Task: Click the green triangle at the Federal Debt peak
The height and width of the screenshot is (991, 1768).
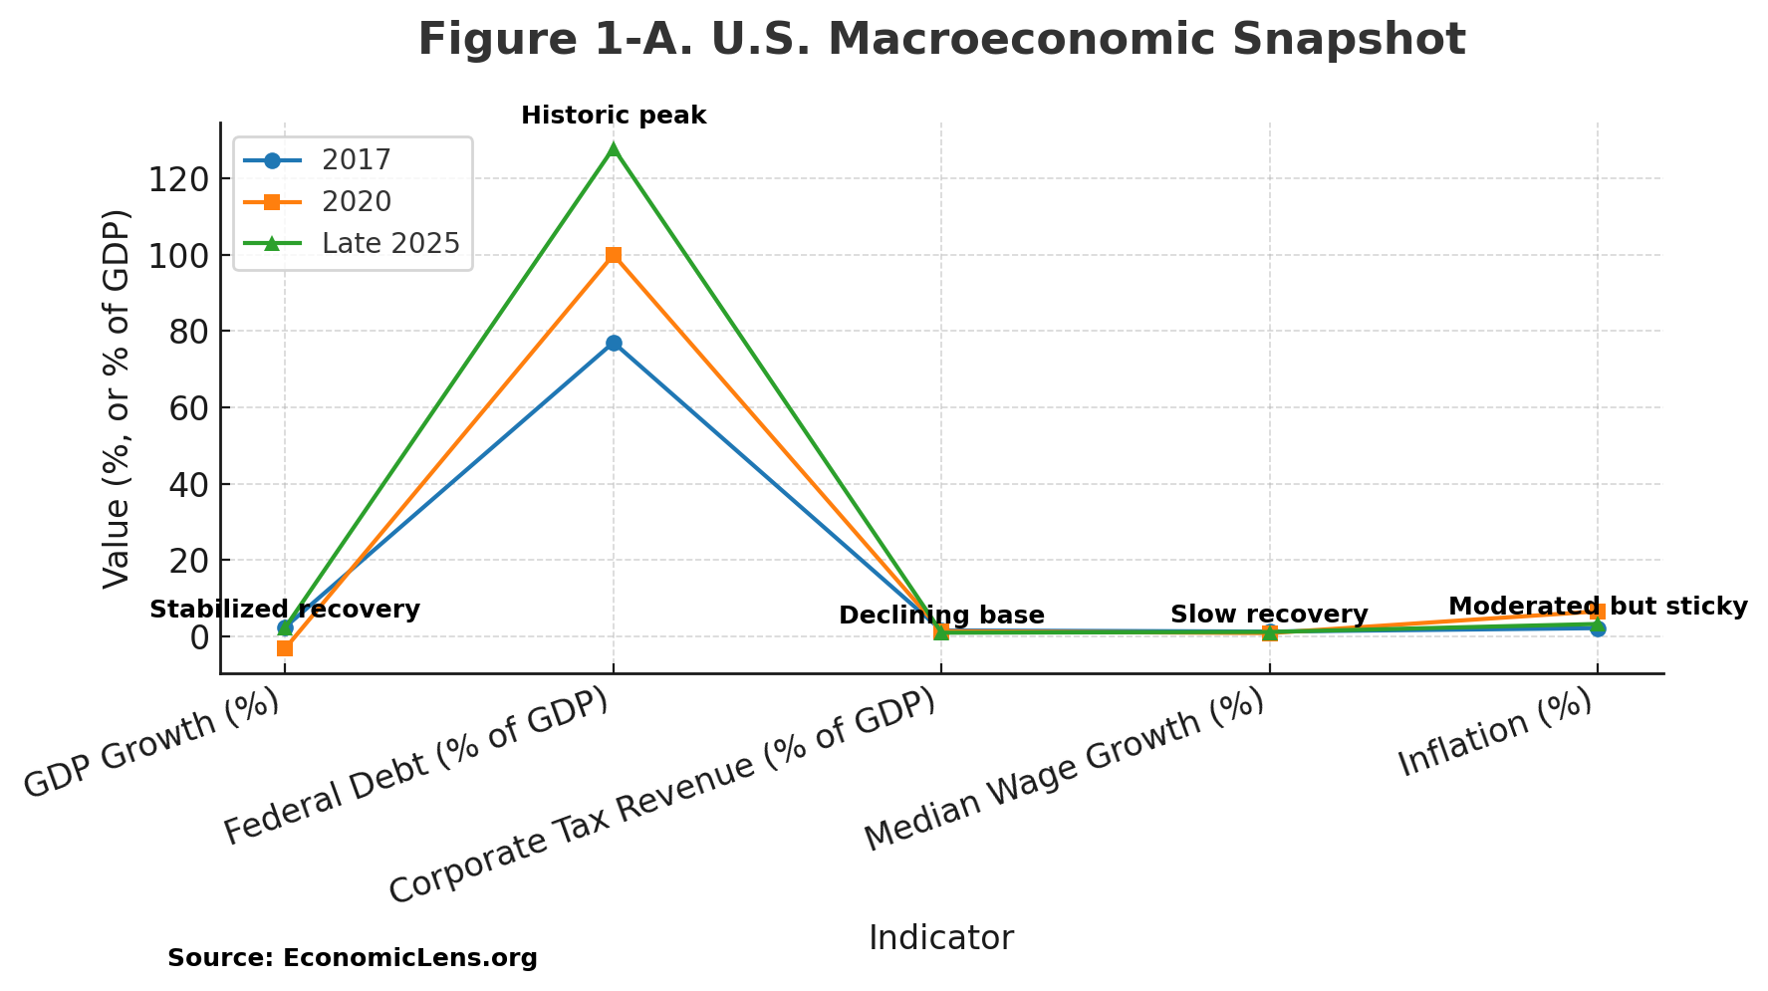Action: click(x=614, y=149)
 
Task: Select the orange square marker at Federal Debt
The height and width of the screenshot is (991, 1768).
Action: click(x=614, y=255)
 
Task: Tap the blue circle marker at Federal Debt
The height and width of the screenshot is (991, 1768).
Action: click(x=614, y=343)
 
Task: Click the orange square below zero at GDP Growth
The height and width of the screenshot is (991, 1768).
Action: click(x=285, y=648)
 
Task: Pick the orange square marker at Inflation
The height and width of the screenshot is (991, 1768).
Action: click(x=1597, y=612)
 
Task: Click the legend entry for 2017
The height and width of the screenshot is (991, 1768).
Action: click(x=356, y=159)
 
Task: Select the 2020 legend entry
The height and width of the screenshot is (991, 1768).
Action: click(x=356, y=201)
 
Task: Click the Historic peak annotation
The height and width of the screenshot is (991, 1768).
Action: click(x=614, y=116)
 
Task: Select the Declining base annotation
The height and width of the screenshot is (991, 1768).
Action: click(x=941, y=616)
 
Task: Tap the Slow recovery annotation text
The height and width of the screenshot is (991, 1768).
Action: click(x=1269, y=615)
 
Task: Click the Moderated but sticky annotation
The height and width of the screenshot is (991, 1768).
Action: click(x=1597, y=607)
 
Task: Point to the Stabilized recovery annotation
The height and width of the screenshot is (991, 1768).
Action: click(x=285, y=610)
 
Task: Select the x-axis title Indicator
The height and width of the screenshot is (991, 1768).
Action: click(x=940, y=938)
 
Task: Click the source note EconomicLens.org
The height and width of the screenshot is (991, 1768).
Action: click(x=353, y=958)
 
